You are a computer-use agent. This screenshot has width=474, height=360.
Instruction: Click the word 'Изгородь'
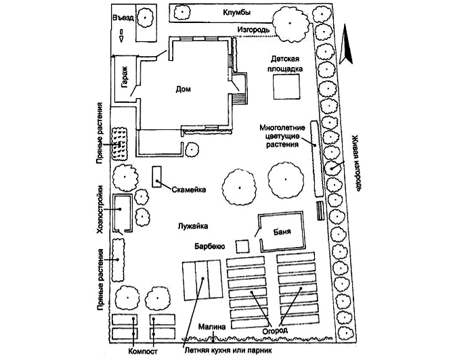(x=255, y=30)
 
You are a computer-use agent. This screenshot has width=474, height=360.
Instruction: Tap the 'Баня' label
(x=282, y=233)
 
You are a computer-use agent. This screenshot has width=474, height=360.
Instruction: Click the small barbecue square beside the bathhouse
(x=242, y=245)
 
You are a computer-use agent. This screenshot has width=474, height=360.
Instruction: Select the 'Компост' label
(x=143, y=351)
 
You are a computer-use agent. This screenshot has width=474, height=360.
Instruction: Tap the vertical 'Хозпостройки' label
(x=100, y=209)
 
